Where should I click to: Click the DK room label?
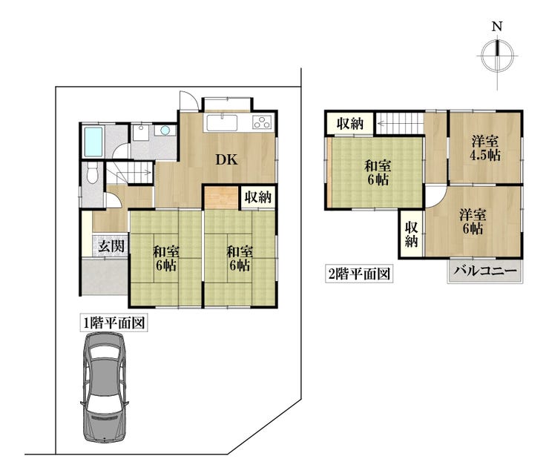[x=226, y=159]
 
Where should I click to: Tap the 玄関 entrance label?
[x=111, y=246]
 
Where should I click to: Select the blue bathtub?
[x=93, y=142]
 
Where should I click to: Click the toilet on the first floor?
[x=92, y=173]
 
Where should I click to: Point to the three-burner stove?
[x=263, y=122]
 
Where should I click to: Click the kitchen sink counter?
[x=223, y=122]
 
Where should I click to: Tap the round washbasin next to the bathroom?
[x=165, y=130]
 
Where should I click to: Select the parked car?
[x=105, y=387]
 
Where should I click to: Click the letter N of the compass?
[x=497, y=26]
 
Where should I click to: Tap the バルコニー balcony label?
[x=485, y=271]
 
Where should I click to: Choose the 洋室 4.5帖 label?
[x=485, y=148]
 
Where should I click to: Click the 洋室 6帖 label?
[x=473, y=222]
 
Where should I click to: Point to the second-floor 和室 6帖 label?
[x=378, y=173]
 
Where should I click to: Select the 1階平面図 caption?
[x=114, y=323]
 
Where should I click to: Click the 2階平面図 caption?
[x=359, y=274]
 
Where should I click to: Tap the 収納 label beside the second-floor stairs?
[x=350, y=123]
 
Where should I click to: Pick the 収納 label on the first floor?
[x=258, y=197]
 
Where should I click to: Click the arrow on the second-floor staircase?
[x=382, y=123]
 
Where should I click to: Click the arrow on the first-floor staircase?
[x=146, y=172]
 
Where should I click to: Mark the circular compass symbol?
[x=497, y=56]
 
